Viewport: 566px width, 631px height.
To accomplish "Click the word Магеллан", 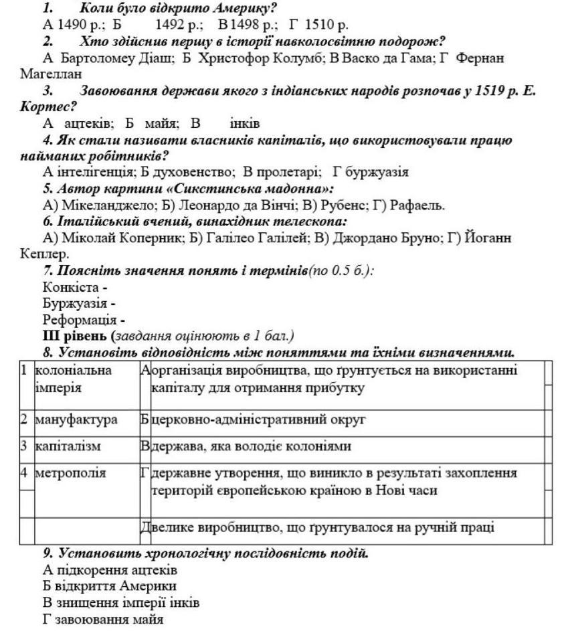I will pos(51,74).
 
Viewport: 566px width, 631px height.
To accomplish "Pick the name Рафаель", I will pos(417,205).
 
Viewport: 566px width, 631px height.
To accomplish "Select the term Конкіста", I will pos(72,286).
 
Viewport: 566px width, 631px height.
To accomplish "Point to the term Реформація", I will pos(80,319).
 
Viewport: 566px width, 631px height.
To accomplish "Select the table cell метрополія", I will pos(70,473).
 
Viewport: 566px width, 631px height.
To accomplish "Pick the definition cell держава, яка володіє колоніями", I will pos(251,446).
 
